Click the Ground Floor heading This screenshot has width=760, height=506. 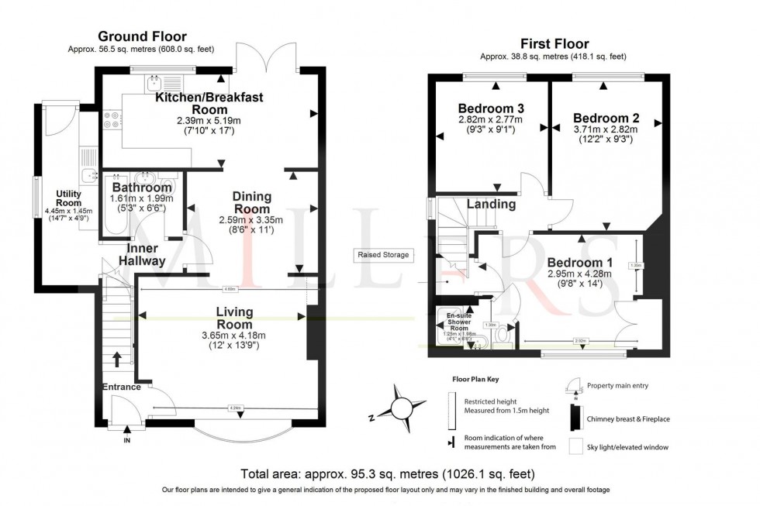click(141, 36)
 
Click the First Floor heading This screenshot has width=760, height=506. click(555, 44)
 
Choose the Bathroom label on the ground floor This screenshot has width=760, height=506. click(142, 188)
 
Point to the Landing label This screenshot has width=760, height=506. click(491, 205)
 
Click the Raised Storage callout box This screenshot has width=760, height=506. click(382, 255)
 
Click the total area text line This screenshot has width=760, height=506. click(388, 473)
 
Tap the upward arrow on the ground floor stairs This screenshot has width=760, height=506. click(117, 359)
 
